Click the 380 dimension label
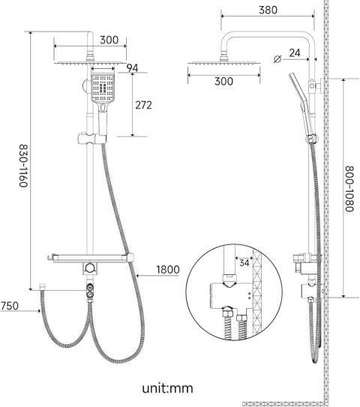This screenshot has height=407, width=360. point(268,10)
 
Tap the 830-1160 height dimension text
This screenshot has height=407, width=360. point(24,166)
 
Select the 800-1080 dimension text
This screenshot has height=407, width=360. point(349,189)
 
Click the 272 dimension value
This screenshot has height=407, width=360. point(144,105)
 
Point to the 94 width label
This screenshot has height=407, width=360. point(133,68)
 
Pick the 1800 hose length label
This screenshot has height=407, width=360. point(168,270)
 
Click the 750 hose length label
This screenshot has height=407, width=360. point(10,306)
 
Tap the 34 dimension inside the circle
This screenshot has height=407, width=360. point(244,263)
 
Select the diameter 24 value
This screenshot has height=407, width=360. point(295,53)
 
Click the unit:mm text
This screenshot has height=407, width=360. point(167,388)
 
